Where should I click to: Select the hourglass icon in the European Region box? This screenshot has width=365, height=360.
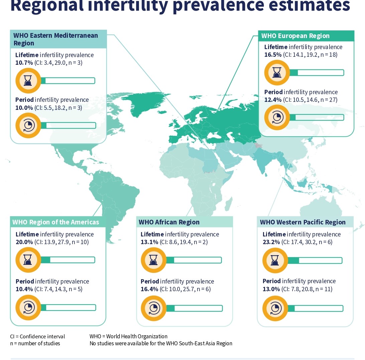[x=277, y=73]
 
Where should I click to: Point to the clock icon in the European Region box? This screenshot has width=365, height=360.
[x=277, y=117]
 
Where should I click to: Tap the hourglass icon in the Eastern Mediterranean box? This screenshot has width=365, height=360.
[x=28, y=80]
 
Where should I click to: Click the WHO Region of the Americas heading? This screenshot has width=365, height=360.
[x=56, y=222]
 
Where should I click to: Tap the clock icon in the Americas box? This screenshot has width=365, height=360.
[x=28, y=308]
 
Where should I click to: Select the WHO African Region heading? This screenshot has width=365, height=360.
[x=169, y=222]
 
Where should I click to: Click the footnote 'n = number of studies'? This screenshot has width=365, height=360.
[x=35, y=343]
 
